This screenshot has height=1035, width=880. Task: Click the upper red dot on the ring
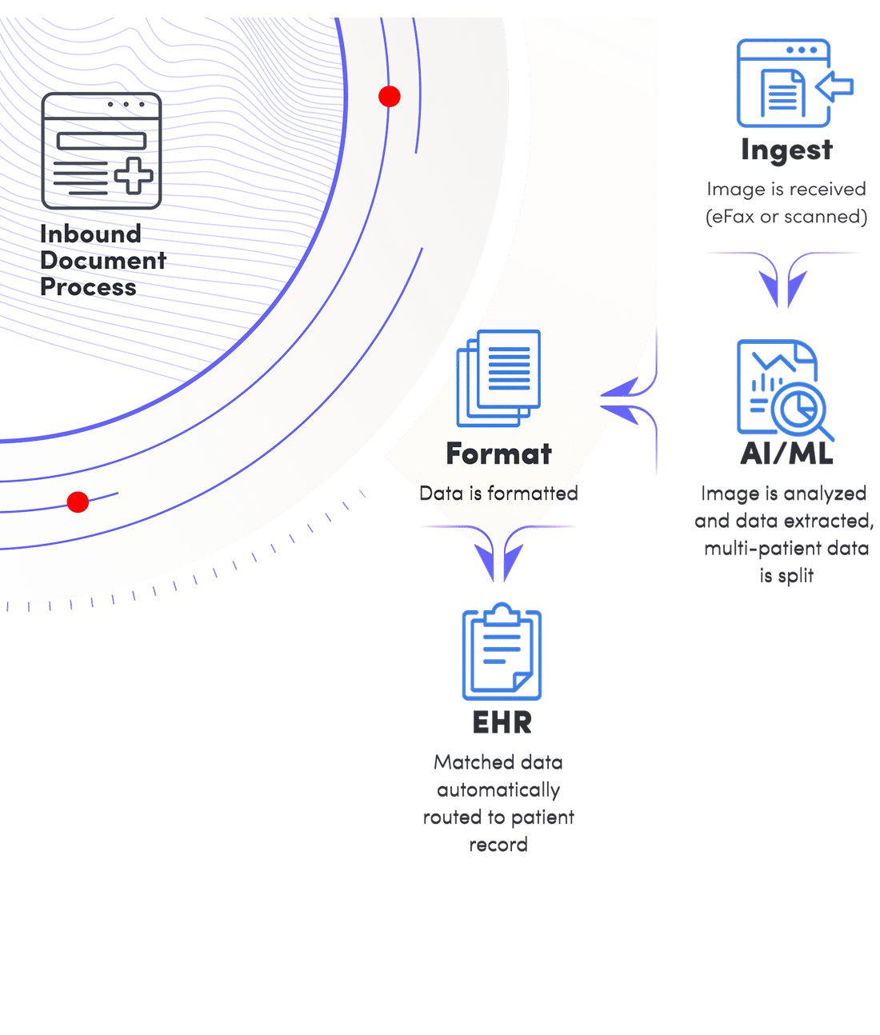click(x=390, y=97)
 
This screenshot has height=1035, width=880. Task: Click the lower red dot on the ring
click(x=78, y=502)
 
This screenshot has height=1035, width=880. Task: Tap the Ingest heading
click(x=786, y=150)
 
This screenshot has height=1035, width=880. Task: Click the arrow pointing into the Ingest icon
click(x=838, y=86)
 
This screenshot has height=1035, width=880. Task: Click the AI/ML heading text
click(x=786, y=454)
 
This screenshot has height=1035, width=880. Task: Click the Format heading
click(x=499, y=454)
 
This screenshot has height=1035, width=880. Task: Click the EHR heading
click(x=502, y=723)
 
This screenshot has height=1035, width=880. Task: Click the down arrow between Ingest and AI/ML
click(x=783, y=281)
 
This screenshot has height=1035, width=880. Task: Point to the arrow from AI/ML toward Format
click(x=628, y=400)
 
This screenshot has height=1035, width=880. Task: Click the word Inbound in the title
click(x=90, y=234)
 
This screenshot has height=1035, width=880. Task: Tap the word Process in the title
click(x=88, y=287)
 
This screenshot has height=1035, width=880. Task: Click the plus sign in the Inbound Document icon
click(x=134, y=175)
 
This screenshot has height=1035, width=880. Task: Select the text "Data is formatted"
click(x=498, y=494)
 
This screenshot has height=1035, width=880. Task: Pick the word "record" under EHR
click(x=498, y=845)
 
